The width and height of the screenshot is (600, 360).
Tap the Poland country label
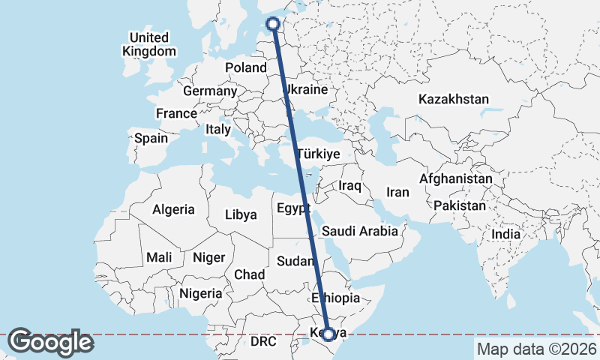[x=246, y=67]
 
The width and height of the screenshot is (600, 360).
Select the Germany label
[x=210, y=91]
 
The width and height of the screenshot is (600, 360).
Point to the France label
[x=176, y=113]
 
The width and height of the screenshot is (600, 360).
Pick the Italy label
[x=218, y=129]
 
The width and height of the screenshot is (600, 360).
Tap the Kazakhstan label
[x=454, y=99]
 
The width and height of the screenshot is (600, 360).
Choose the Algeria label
[x=173, y=210]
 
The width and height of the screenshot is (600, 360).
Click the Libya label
[x=241, y=214]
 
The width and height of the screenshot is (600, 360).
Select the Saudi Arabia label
[x=360, y=231]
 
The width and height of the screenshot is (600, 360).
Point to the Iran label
[x=397, y=192]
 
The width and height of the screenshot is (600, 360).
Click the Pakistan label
[x=460, y=205]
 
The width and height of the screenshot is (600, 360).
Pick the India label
[x=506, y=235]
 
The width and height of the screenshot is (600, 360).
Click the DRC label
[x=263, y=341]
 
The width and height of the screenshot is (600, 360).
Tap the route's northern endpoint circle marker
[x=274, y=24]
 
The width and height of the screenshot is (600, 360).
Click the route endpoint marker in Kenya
[x=328, y=334]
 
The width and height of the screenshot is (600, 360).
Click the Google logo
[x=51, y=342]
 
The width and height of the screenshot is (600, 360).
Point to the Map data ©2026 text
[x=536, y=349]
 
